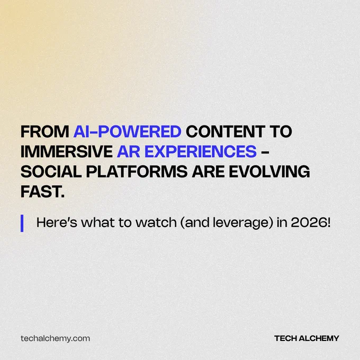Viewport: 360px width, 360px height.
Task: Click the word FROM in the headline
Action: [45, 131]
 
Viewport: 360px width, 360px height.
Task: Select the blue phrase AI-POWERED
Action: [127, 131]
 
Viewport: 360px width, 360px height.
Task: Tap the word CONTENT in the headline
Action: [226, 131]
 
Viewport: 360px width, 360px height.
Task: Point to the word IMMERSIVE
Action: [67, 151]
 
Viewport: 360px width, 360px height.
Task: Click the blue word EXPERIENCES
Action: [201, 151]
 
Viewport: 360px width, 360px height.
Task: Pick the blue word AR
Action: [129, 151]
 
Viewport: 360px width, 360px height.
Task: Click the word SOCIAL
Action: [51, 172]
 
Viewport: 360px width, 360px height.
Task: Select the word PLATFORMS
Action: [137, 172]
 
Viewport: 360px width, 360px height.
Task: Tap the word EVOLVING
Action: [269, 172]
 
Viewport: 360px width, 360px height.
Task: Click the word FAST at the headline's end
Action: [42, 192]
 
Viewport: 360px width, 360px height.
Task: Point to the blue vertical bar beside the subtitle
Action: [22, 223]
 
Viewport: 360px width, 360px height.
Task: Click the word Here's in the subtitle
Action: [57, 222]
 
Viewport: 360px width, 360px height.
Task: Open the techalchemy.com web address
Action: [56, 339]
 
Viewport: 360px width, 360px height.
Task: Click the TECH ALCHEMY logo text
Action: [307, 338]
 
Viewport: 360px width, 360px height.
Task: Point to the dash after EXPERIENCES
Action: [265, 152]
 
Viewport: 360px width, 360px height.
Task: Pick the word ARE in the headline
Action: [208, 172]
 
